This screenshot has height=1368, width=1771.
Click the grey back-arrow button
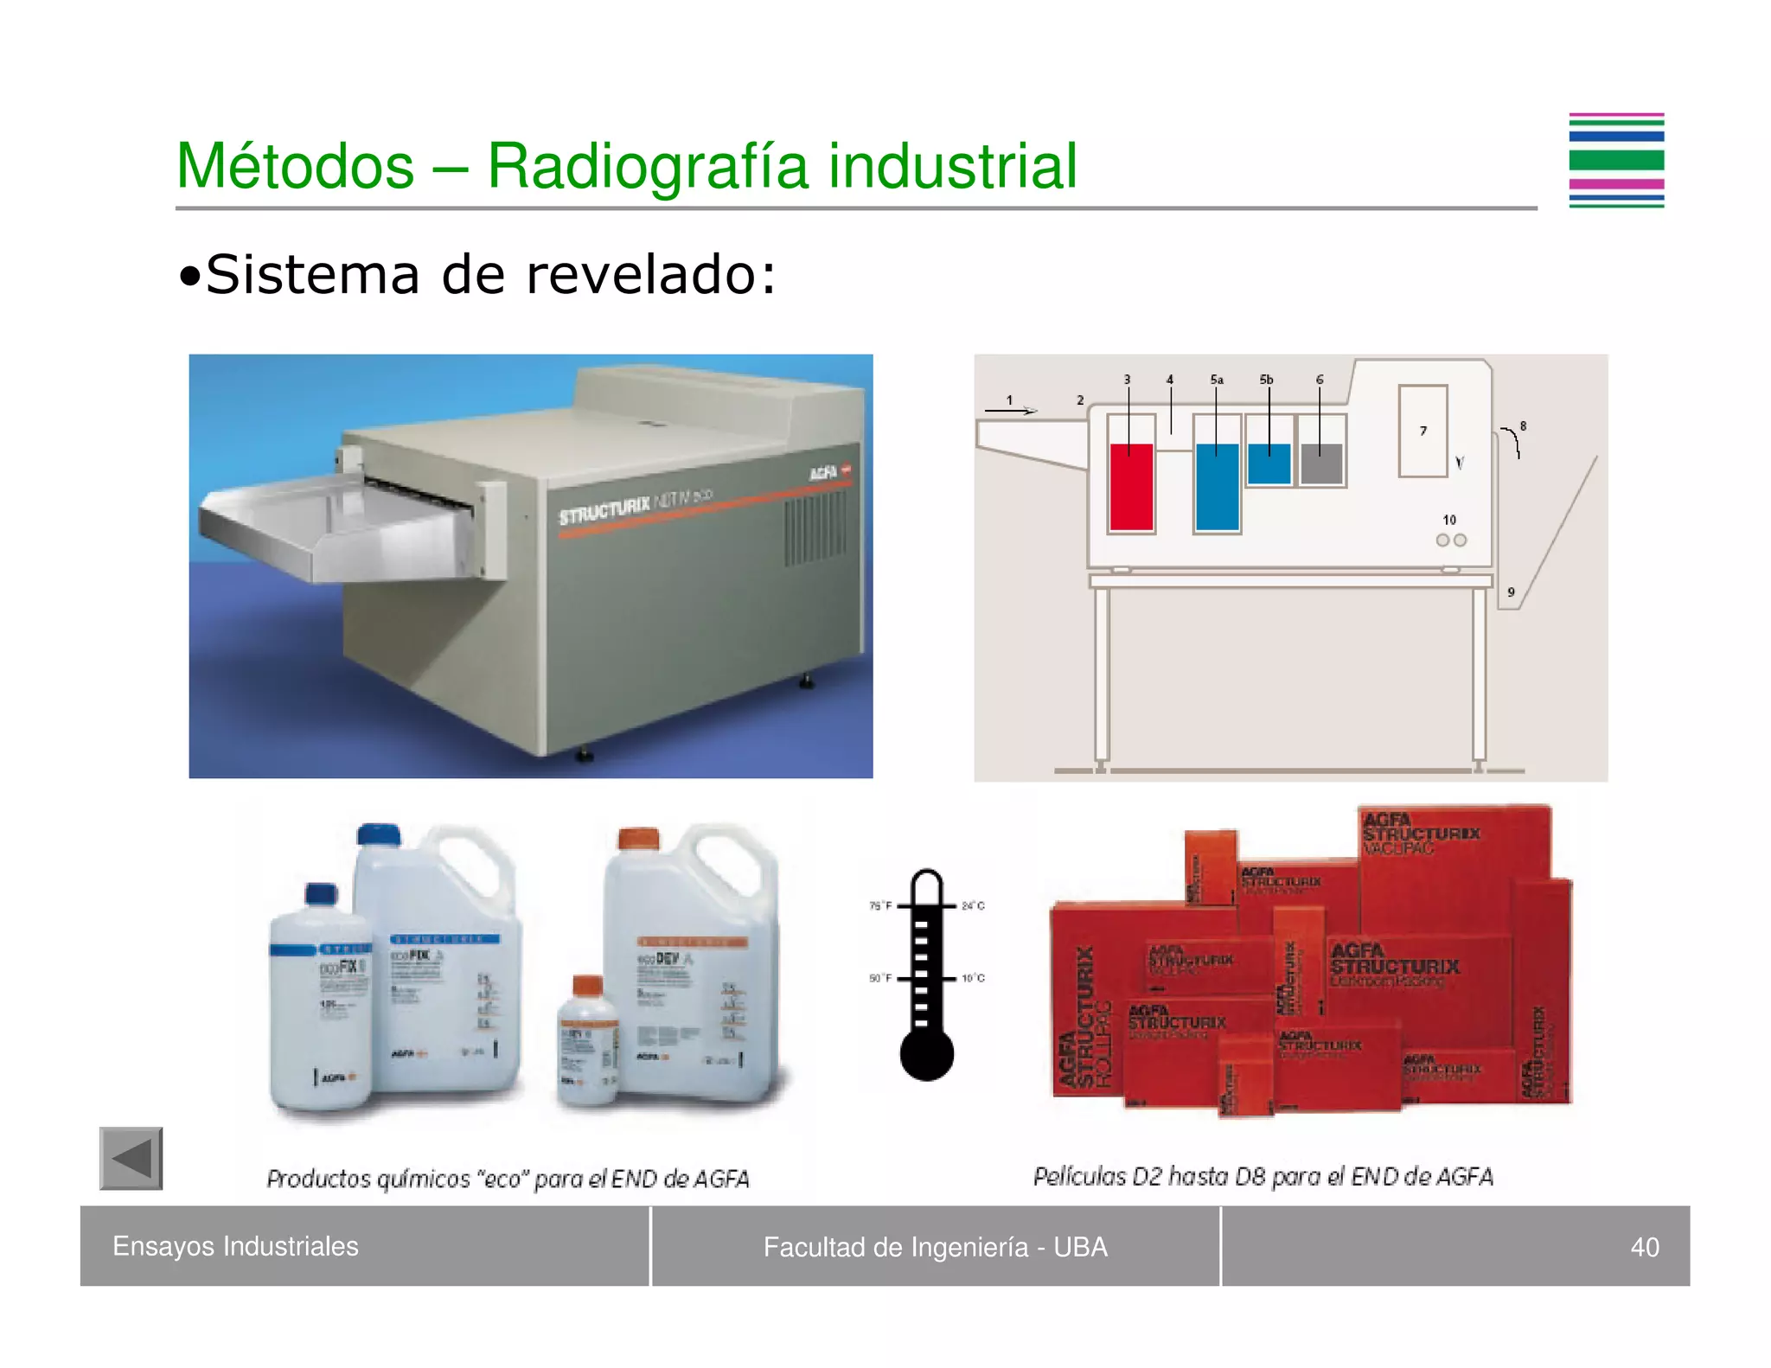pos(131,1159)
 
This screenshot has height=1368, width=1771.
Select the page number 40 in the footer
pos(1644,1247)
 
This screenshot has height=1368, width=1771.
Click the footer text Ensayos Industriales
pos(235,1246)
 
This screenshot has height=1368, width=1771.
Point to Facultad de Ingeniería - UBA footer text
pos(935,1247)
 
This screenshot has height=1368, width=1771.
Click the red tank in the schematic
pos(1131,486)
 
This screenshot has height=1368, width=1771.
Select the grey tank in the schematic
pos(1320,464)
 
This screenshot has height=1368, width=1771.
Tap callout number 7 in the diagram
pos(1423,431)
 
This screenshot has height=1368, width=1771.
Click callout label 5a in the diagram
pos(1217,380)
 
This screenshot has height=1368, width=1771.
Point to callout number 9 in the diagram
pos(1511,592)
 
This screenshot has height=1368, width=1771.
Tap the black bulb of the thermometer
pos(926,1054)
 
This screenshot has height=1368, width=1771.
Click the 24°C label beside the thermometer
pos(973,906)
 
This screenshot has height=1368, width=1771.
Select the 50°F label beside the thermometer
pos(879,978)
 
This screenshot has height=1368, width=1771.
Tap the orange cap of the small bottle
pos(588,985)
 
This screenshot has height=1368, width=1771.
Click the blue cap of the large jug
pos(379,834)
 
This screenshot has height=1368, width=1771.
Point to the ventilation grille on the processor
pos(815,527)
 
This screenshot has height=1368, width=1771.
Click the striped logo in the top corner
pos(1616,161)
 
